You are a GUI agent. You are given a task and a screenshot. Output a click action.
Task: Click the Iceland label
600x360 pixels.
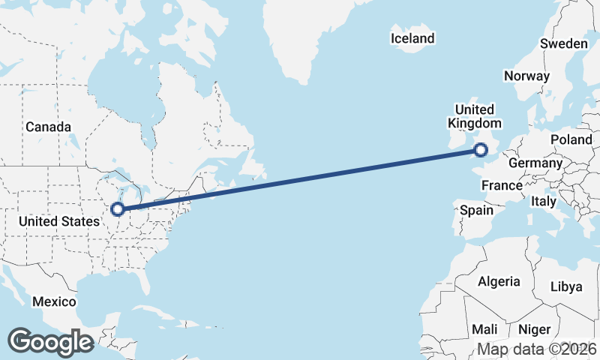tap(412, 38)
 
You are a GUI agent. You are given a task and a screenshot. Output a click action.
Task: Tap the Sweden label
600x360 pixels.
tap(564, 43)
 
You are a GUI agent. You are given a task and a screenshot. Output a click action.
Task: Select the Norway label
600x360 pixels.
tap(526, 76)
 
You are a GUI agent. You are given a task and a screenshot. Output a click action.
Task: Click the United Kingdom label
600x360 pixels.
tap(474, 117)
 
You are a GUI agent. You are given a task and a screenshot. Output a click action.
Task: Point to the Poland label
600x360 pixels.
tap(571, 140)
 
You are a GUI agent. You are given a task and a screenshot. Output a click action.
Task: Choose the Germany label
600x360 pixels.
tap(535, 163)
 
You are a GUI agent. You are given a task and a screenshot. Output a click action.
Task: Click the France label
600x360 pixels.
tap(502, 185)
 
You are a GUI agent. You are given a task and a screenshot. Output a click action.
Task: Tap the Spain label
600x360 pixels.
tap(476, 210)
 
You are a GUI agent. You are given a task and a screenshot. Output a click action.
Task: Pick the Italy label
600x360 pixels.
tap(543, 202)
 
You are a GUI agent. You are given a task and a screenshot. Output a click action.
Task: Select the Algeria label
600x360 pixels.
tap(499, 281)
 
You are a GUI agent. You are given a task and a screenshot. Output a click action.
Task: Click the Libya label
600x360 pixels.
tap(566, 286)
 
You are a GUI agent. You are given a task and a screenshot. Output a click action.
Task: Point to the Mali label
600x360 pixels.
tap(484, 329)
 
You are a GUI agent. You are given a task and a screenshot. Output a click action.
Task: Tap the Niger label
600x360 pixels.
tap(535, 329)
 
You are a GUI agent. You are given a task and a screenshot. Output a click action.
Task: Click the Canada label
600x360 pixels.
tap(48, 127)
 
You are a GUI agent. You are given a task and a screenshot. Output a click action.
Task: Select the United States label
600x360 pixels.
tap(59, 221)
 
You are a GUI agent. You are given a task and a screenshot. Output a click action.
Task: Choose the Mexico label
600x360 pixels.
tap(54, 301)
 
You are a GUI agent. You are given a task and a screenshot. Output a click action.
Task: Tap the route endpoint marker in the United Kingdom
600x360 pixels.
tap(481, 151)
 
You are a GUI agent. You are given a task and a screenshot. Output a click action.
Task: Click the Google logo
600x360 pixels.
tap(50, 342)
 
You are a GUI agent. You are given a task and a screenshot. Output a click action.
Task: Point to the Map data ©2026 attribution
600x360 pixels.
tap(537, 349)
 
